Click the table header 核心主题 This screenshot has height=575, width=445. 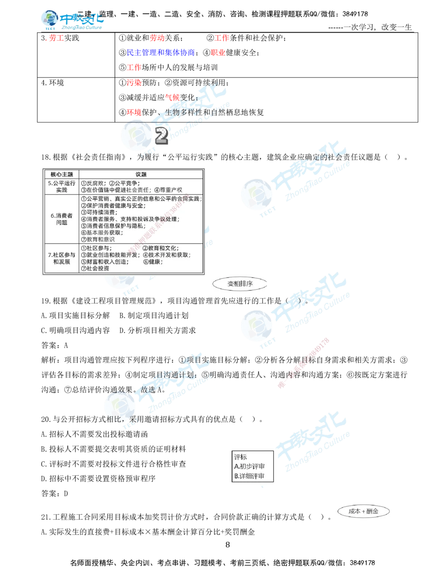coord(61,175)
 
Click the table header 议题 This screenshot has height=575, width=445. coord(141,175)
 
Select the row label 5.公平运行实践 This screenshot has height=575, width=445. coord(61,186)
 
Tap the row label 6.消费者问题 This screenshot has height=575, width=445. coord(61,219)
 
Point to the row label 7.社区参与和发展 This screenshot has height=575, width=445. coord(61,258)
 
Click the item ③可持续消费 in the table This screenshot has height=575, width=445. coord(99,212)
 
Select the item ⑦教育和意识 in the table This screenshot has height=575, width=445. coord(98,239)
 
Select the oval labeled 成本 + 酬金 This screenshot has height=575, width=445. coord(363,511)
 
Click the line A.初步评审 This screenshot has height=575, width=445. coord(249,466)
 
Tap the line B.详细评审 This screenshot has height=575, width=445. coord(249,476)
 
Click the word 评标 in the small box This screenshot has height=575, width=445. coord(240,457)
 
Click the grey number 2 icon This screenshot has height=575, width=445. coord(161,136)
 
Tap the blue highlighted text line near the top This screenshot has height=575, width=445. coord(161,52)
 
